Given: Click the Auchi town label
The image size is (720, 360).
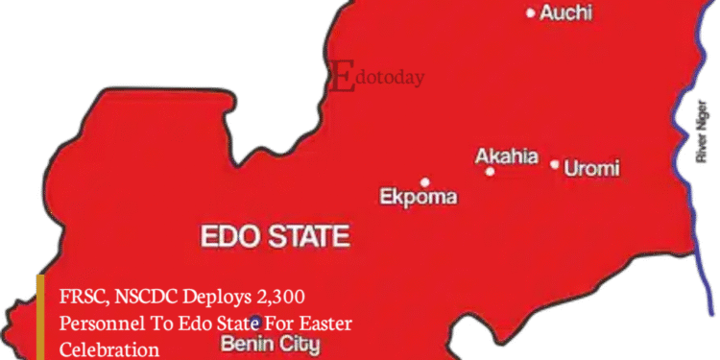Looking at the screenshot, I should [565, 13].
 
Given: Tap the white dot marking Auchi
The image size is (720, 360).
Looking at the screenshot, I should [531, 12].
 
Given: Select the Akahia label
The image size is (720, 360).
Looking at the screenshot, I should [507, 156].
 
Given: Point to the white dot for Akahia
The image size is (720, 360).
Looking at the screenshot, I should [490, 172].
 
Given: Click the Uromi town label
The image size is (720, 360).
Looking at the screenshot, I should [592, 169].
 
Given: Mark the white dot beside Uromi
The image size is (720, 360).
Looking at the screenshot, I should [555, 164].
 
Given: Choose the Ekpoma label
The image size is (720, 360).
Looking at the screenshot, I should [419, 199].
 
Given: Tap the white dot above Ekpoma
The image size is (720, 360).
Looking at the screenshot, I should [424, 181].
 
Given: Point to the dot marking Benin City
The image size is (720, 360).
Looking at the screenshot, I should [254, 322].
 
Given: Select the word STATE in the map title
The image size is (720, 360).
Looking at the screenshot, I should [309, 236].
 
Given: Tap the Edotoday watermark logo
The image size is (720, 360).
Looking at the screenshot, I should [376, 76].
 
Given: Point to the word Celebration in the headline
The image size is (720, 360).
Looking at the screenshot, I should [109, 350].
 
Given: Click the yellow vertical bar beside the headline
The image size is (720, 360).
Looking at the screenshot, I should [41, 317].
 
